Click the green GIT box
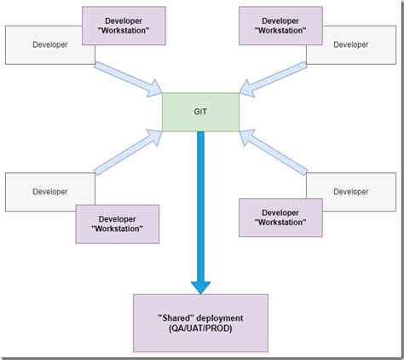point(201,111)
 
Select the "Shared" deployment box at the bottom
point(200,322)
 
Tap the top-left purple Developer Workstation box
point(123,26)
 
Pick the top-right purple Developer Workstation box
point(280,26)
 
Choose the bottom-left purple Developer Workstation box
point(117,224)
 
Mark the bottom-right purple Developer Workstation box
point(280,218)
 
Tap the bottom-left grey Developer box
point(41,192)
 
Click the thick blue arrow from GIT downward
point(200,205)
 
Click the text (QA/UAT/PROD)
point(200,329)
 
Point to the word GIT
point(201,111)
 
